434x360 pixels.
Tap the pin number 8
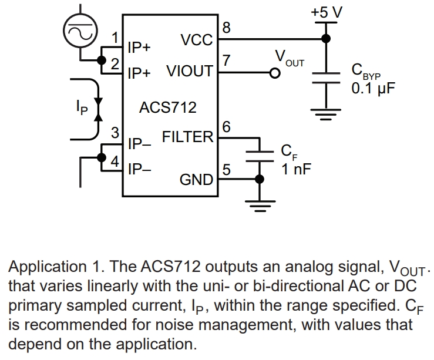tap(227, 28)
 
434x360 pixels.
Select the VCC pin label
tap(196, 40)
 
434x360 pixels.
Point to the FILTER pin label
tap(187, 137)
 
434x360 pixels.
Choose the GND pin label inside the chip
tap(196, 179)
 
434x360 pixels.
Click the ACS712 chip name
tap(167, 107)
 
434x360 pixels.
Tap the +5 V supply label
tap(326, 12)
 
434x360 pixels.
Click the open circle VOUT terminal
tap(274, 73)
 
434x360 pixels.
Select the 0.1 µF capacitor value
tap(372, 89)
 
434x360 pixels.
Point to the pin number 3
tap(116, 132)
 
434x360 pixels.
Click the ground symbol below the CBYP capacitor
tap(326, 113)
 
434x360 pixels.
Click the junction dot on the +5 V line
tap(326, 39)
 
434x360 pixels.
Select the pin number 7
tap(227, 60)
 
